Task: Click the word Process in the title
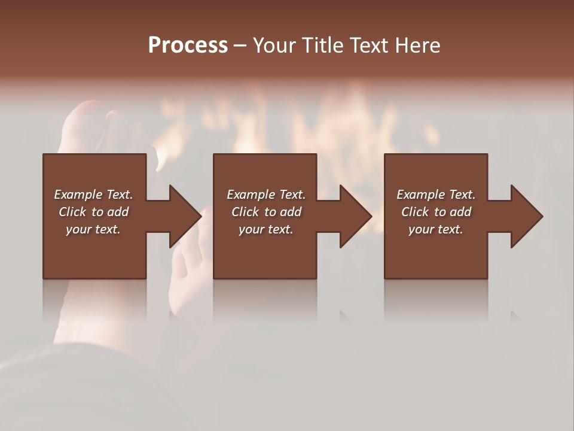[x=188, y=45]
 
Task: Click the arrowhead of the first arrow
[x=186, y=216]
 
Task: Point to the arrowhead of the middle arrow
[x=356, y=216]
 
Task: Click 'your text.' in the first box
[x=93, y=229]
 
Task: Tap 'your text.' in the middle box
[x=265, y=229]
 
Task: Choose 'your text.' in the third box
[x=436, y=229]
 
